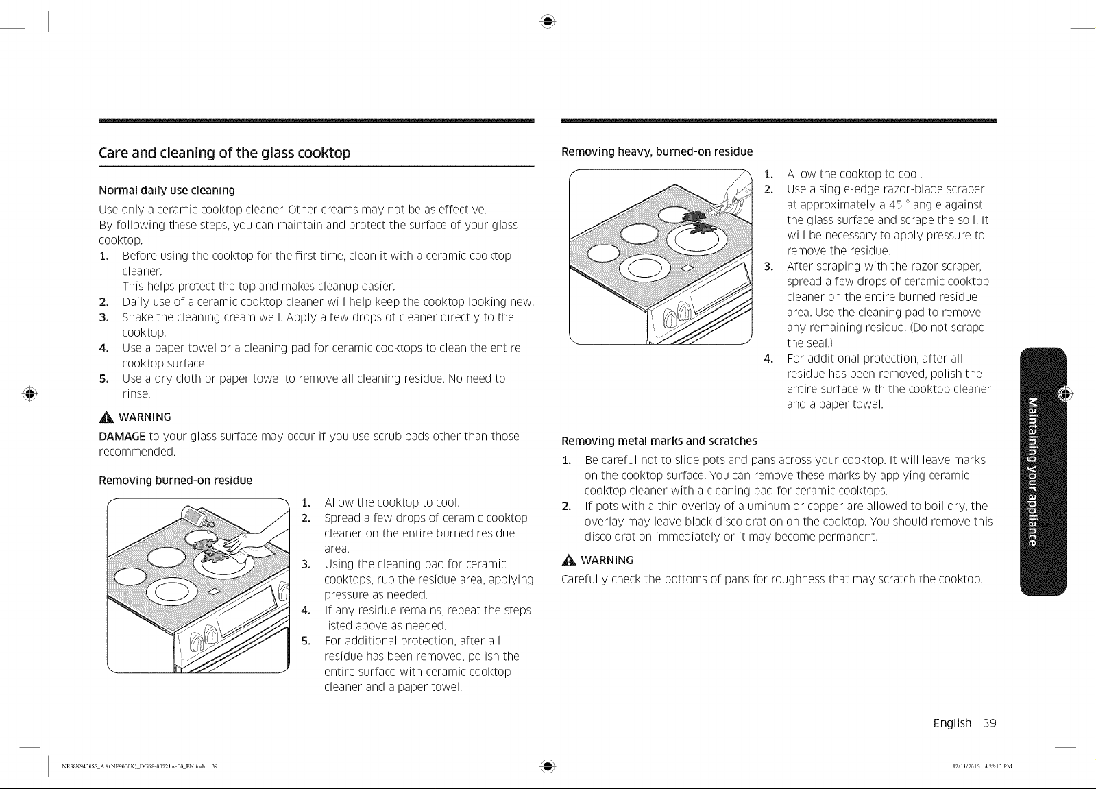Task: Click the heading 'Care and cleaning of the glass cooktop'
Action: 225,153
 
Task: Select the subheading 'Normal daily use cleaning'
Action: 167,191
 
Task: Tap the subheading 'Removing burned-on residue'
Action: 175,480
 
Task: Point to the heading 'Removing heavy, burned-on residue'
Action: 657,151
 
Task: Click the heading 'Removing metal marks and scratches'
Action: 659,441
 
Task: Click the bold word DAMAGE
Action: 122,436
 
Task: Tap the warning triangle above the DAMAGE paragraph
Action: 106,417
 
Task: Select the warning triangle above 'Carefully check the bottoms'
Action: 569,560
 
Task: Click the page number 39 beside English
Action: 989,723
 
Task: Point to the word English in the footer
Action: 951,724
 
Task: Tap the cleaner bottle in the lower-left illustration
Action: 197,518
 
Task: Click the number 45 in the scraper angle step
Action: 895,205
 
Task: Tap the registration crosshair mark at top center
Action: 548,21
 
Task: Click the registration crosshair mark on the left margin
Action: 30,393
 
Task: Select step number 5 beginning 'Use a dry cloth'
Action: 103,379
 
